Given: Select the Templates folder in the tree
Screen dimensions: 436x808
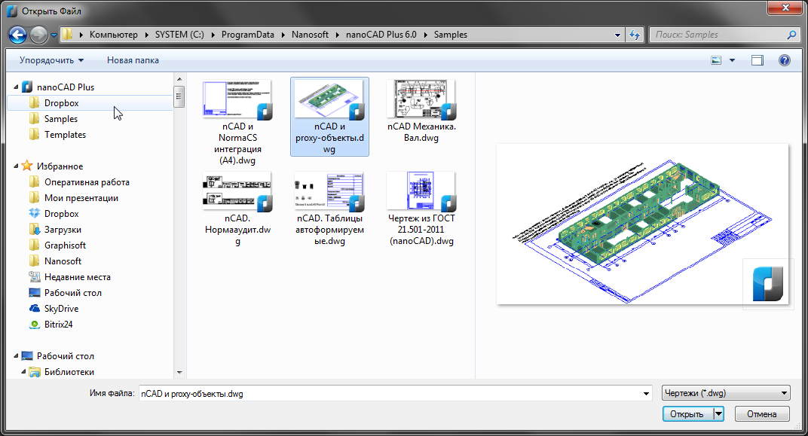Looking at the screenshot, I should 65,135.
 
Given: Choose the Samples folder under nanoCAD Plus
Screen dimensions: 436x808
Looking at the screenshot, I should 60,119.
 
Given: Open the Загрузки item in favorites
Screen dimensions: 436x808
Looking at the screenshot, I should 63,230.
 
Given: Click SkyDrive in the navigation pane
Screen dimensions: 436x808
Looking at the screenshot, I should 61,309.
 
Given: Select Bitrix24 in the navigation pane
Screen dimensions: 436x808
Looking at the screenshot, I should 58,325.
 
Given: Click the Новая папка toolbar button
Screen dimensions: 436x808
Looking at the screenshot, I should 133,59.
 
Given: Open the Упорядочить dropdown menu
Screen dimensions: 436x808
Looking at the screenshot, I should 51,59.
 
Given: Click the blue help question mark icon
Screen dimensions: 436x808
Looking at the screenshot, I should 784,60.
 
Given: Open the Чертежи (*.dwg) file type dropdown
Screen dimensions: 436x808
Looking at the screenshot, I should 725,393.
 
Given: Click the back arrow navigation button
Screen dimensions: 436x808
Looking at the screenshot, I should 18,34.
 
